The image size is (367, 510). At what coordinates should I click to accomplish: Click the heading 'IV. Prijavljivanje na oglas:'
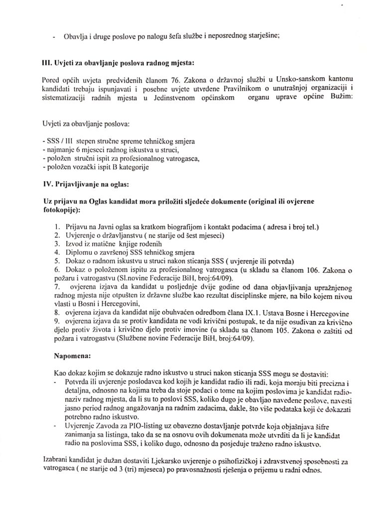click(87, 185)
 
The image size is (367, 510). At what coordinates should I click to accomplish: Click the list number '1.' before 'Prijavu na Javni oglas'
click(57, 228)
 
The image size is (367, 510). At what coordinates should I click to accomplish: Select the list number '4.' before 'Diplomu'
click(57, 252)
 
